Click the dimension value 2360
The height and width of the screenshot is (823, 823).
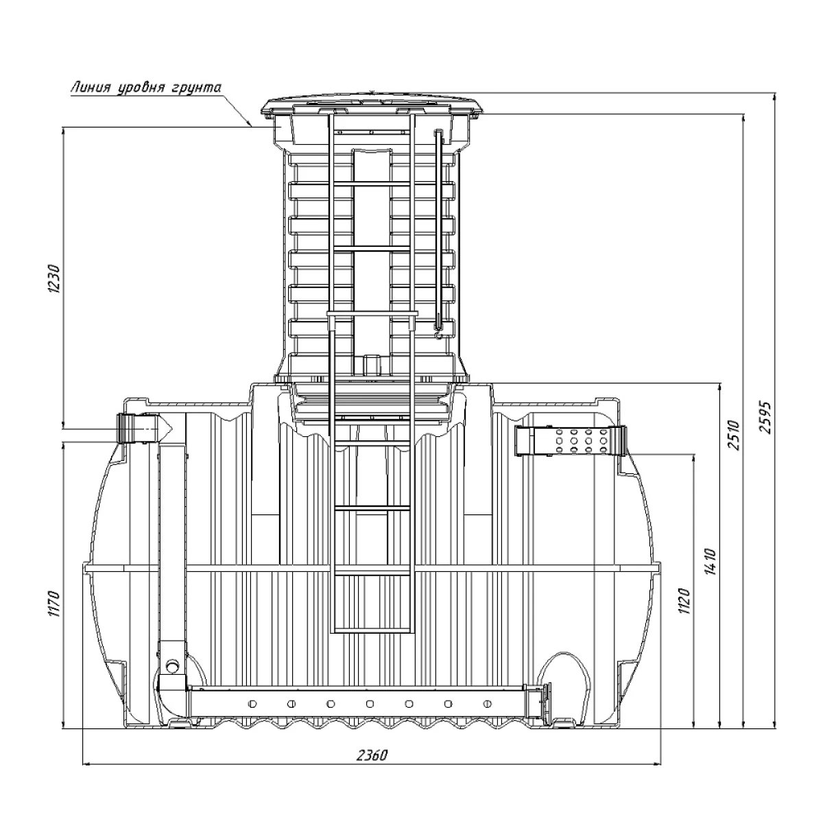[x=372, y=755]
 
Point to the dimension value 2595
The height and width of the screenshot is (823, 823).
[x=767, y=418]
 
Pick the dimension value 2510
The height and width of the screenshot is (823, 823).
[x=734, y=435]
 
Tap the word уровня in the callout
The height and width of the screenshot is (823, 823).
[x=143, y=88]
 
